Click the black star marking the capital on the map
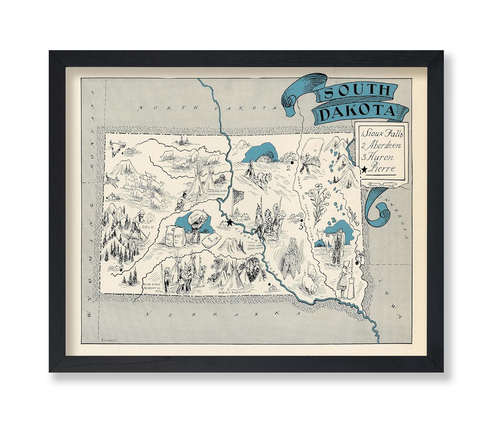tap(229, 223)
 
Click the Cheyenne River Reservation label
tap(216, 192)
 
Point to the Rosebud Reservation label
tap(235, 292)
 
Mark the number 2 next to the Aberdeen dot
tap(288, 169)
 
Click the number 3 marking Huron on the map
tap(300, 226)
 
